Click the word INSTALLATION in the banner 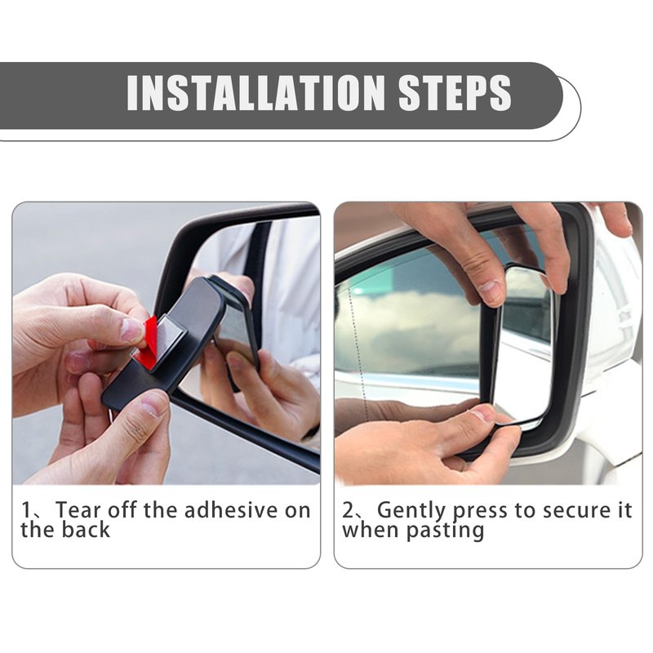pos(255,93)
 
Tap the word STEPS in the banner pos(455,93)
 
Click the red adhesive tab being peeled pos(150,336)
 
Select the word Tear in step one pos(78,510)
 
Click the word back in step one pos(86,530)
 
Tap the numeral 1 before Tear pos(27,510)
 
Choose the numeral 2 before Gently pos(349,510)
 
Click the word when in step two pos(371,530)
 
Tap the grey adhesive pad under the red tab pos(167,340)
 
